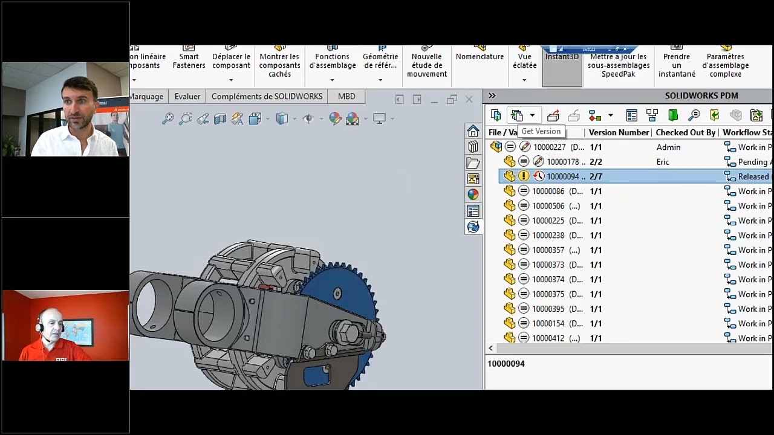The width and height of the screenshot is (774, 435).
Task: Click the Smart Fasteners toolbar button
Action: coord(189,60)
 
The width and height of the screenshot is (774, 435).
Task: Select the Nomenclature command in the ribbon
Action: coord(480,57)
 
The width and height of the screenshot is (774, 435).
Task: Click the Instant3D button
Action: coord(562,57)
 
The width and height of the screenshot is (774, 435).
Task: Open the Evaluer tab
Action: coord(187,97)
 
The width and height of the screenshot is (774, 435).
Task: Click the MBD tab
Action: coord(346,97)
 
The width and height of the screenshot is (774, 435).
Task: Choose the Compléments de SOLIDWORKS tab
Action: coord(267,97)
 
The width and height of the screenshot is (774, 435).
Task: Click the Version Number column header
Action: coord(619,132)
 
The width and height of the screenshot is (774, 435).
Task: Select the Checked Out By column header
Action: coord(685,132)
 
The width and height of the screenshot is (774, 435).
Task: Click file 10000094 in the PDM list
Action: coord(562,176)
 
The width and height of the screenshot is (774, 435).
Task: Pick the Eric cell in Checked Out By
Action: coord(663,162)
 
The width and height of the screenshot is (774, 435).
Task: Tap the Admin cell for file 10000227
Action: coord(668,147)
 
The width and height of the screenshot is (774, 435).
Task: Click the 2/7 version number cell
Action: coord(596,176)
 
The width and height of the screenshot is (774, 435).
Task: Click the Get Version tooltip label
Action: coord(541,132)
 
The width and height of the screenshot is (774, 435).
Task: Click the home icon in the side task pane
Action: coord(473,131)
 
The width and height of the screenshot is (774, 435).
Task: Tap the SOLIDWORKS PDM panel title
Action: coord(701,95)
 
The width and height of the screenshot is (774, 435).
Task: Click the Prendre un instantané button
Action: coord(677,65)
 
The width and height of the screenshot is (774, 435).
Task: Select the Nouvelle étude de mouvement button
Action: coord(427,65)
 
